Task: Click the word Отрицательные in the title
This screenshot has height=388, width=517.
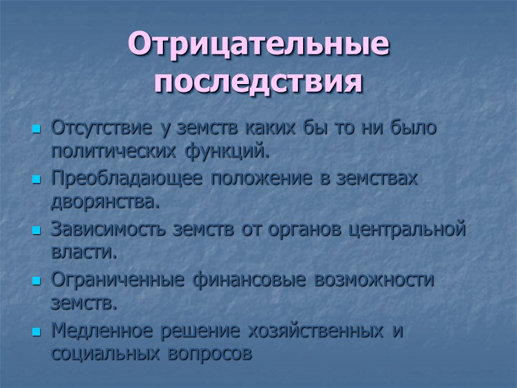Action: (258, 45)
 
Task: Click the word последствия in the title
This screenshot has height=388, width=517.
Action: (258, 82)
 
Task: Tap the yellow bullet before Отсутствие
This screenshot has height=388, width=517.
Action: (36, 129)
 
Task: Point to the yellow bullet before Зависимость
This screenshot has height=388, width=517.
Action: (36, 230)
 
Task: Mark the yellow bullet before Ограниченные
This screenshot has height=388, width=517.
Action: (36, 281)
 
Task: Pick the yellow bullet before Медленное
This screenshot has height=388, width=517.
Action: (36, 331)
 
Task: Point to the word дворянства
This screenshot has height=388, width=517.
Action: (103, 203)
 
